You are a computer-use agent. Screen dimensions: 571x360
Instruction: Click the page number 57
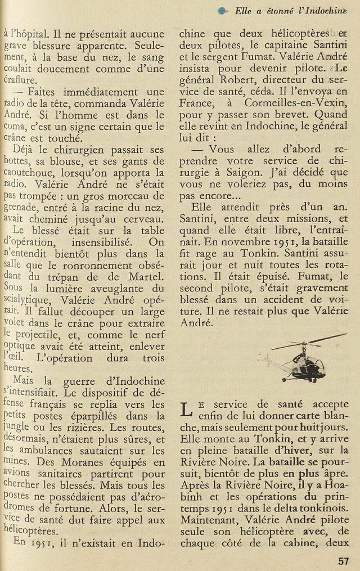344,560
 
